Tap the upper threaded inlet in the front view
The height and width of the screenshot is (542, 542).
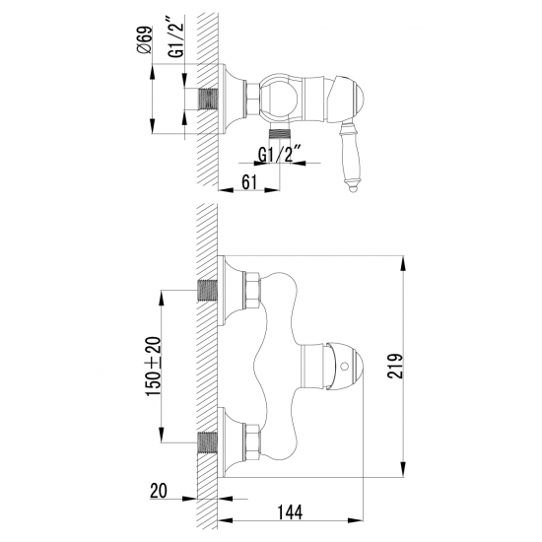(x=208, y=291)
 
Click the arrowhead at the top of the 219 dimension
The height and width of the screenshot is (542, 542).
(x=403, y=261)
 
